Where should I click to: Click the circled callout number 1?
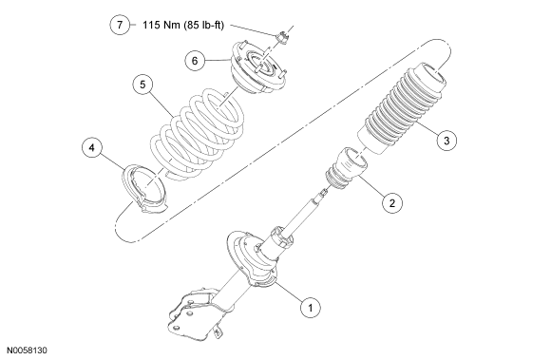click(311, 308)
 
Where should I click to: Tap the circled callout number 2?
click(391, 202)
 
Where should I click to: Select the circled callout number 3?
click(446, 141)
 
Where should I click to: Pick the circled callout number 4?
click(92, 147)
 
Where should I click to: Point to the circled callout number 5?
click(142, 85)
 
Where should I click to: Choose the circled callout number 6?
click(195, 61)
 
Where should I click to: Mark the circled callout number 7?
click(120, 25)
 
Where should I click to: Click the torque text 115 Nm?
click(161, 25)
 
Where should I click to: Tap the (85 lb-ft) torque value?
click(203, 26)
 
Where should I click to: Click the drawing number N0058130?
click(28, 351)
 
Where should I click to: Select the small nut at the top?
click(282, 37)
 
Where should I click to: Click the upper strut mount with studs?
click(257, 67)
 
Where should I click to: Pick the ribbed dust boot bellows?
click(403, 108)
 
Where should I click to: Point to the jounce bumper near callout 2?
click(347, 168)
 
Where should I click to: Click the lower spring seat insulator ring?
click(144, 187)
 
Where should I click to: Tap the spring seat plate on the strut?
click(251, 259)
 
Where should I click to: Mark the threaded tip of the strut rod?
click(323, 192)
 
